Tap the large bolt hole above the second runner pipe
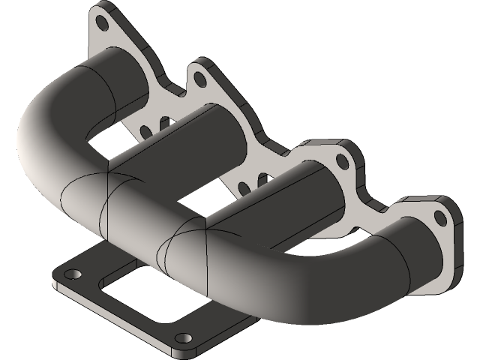(x=198, y=76)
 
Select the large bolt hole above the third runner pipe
(x=342, y=160)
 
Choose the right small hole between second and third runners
(x=260, y=181)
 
